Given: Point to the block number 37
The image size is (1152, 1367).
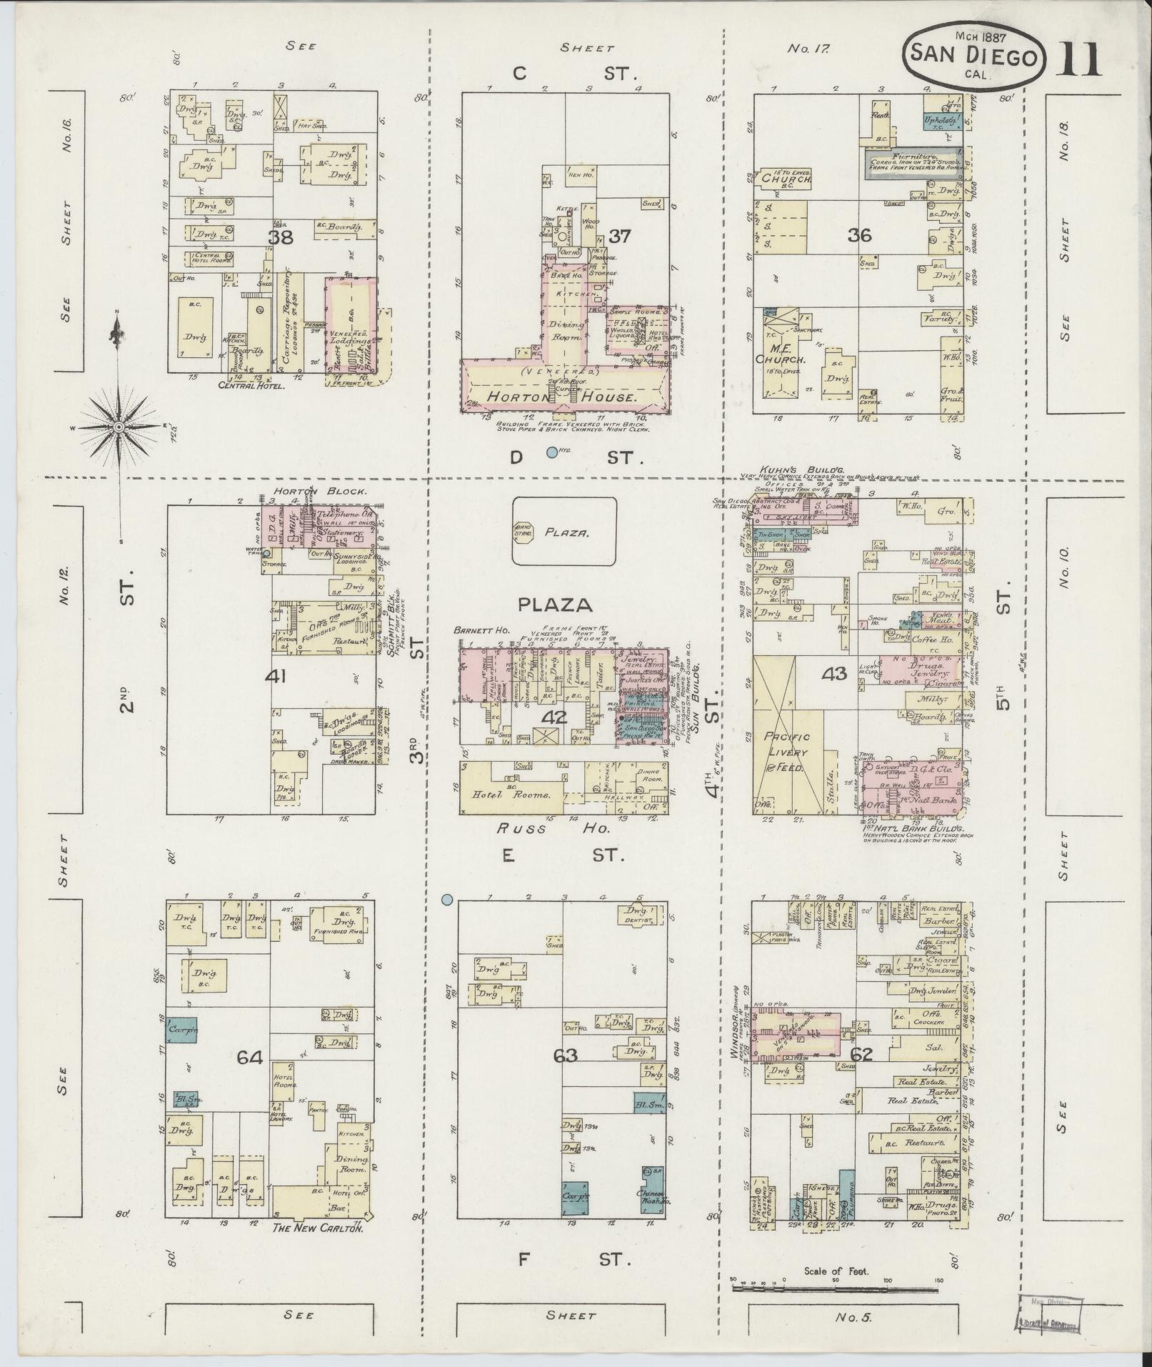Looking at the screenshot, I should [x=619, y=236].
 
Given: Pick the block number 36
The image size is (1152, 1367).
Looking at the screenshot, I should [x=860, y=234].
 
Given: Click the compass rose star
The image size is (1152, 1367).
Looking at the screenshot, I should [x=119, y=427].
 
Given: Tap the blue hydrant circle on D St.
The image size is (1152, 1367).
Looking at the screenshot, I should [x=551, y=452].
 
